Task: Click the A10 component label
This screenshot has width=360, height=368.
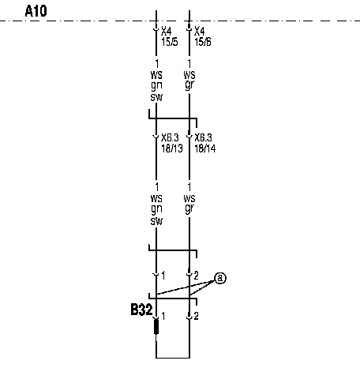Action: click(x=36, y=11)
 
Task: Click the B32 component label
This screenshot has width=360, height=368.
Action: click(x=141, y=310)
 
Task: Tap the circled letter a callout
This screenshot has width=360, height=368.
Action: click(x=220, y=278)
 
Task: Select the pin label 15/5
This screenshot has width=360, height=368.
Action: click(x=170, y=42)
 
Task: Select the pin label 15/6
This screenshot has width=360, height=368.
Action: click(x=203, y=42)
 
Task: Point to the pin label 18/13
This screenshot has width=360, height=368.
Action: click(x=172, y=148)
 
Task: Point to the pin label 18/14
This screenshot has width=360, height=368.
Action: click(x=205, y=148)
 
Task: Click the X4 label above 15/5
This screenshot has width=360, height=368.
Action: click(x=167, y=32)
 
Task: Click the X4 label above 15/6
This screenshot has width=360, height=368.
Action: click(x=200, y=32)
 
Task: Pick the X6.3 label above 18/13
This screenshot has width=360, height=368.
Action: click(x=170, y=137)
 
